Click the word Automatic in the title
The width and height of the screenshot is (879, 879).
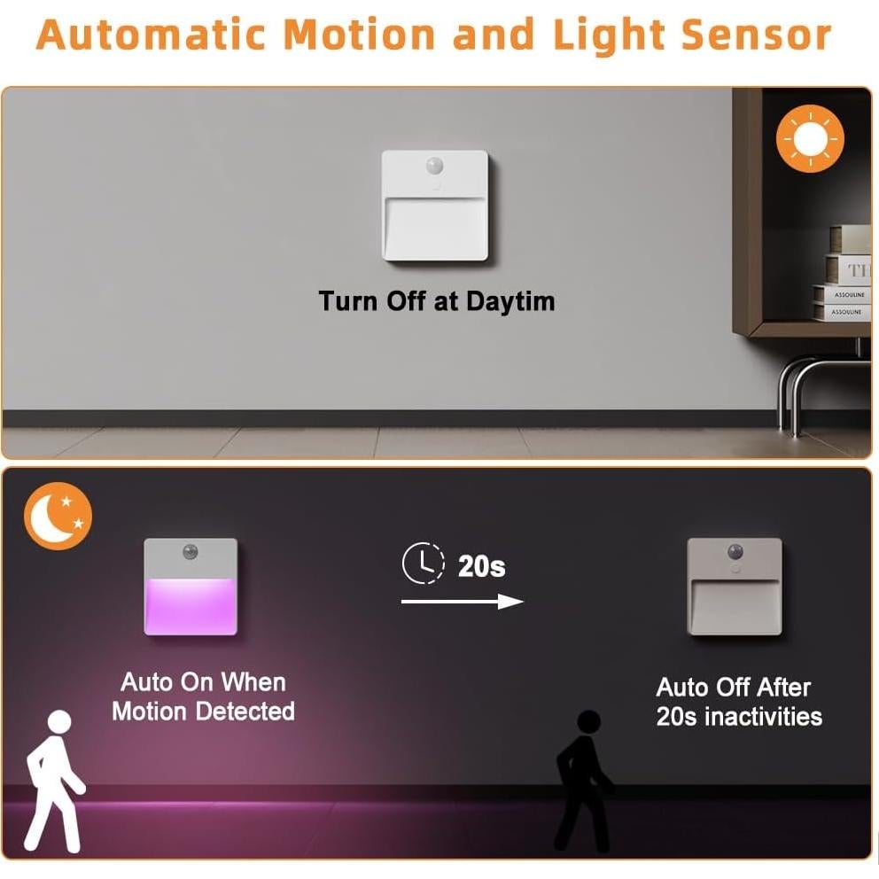tap(152, 35)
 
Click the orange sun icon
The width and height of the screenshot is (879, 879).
tap(810, 138)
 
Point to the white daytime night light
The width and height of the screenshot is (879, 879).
tap(435, 206)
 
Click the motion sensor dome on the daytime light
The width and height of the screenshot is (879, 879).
tap(435, 165)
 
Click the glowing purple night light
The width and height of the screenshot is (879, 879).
tap(191, 587)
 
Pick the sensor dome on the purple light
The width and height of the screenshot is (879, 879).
tap(191, 552)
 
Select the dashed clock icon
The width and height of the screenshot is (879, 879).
tap(424, 564)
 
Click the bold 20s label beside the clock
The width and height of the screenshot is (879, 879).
tap(481, 566)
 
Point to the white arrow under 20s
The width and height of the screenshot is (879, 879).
tap(462, 602)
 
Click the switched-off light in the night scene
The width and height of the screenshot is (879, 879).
tap(735, 587)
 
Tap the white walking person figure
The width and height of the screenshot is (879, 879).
tap(54, 779)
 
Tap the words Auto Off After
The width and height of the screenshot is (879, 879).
tap(733, 688)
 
